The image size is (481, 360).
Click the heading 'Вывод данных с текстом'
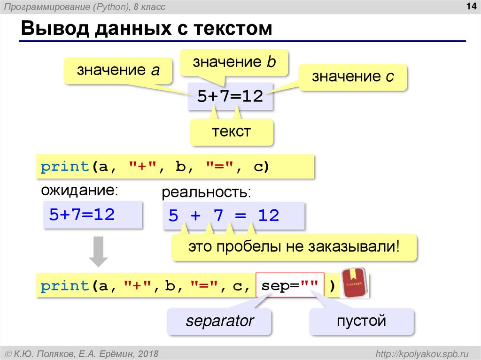coord(146,29)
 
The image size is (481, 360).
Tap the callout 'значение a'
coord(118,70)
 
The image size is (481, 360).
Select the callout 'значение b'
coord(234,62)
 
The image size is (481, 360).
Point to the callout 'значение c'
coord(353,77)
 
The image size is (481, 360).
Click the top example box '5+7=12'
coord(230,97)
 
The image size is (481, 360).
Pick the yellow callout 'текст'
coord(231,131)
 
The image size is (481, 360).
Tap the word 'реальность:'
coord(206,192)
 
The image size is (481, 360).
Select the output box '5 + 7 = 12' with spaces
coord(233,216)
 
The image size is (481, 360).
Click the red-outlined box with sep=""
coord(290,285)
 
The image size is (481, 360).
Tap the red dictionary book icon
coord(353,283)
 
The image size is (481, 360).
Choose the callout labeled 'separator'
coord(219,322)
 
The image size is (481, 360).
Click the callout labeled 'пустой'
coord(361,322)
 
